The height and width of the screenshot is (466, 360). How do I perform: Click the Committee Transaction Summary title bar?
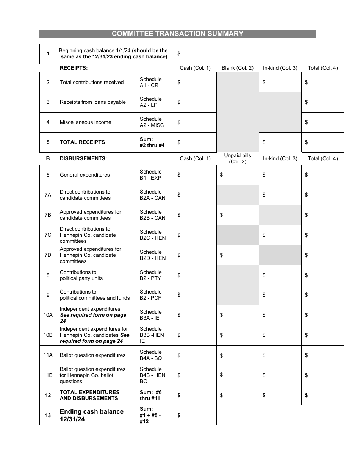tap(177, 34)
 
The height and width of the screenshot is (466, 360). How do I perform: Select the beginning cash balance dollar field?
tap(195, 54)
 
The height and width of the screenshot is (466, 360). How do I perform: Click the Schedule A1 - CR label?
tap(150, 82)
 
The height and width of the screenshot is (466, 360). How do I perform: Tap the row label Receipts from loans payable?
tap(92, 102)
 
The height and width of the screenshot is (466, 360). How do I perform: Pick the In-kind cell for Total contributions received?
tap(280, 82)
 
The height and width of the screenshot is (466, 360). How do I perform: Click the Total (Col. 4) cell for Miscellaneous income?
tap(322, 122)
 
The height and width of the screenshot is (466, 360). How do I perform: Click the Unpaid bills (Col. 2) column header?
tap(238, 159)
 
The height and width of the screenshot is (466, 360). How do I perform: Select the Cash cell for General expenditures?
tap(195, 175)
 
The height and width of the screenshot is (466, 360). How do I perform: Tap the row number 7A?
tap(48, 195)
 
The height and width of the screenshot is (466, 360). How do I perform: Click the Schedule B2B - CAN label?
tap(152, 215)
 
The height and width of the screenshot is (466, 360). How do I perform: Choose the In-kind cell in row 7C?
tap(280, 235)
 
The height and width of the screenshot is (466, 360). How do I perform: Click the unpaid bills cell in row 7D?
tap(238, 255)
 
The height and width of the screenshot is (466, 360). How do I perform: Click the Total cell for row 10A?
tap(322, 315)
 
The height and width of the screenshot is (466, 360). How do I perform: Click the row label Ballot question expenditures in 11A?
tap(92, 355)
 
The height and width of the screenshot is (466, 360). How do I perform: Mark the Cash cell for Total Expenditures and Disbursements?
tap(195, 396)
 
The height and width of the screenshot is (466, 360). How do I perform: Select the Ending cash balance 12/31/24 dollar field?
tap(195, 416)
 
